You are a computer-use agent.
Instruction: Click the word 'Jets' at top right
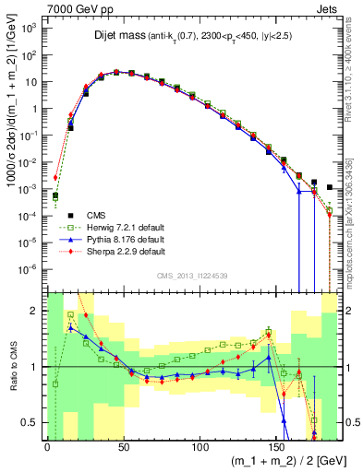[x=327, y=7]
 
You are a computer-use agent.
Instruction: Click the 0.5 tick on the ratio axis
[x=31, y=423]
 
